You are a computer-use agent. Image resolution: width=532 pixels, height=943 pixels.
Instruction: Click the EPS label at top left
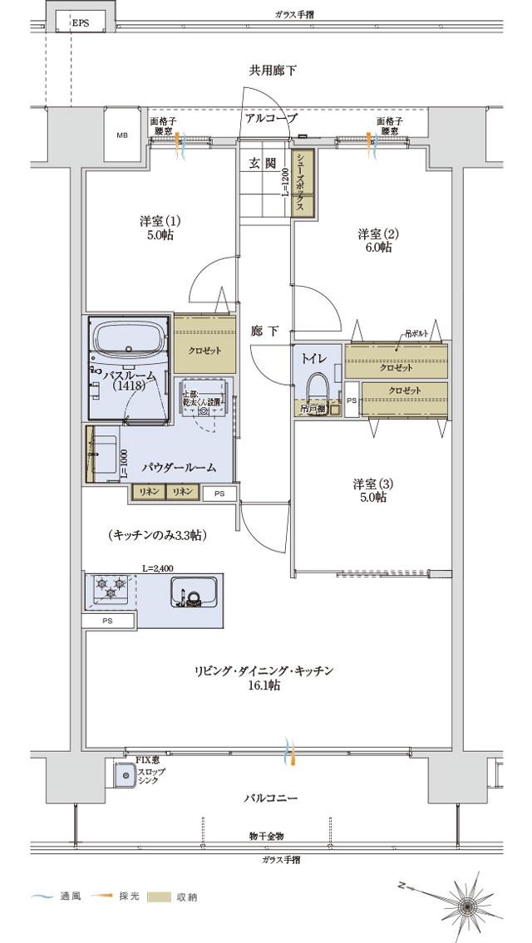point(80,23)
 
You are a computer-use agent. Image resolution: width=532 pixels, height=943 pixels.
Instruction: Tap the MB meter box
point(122,135)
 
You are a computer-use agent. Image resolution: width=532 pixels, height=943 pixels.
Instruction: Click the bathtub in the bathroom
point(128,340)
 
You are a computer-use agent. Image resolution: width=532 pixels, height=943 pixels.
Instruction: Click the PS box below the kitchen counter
point(107,621)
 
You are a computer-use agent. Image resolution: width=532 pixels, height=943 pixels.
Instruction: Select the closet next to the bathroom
point(204,349)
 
